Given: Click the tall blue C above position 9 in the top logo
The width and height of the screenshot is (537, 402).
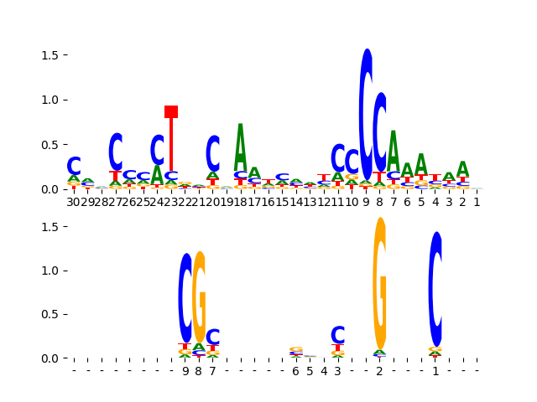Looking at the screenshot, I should [366, 113].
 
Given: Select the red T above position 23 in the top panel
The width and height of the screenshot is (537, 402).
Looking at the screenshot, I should [171, 138].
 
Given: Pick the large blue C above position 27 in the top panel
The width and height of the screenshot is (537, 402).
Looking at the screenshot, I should [116, 152].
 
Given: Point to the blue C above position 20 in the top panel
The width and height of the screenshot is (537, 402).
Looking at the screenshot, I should [213, 153].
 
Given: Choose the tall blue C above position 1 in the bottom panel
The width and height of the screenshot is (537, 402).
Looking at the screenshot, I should [435, 289].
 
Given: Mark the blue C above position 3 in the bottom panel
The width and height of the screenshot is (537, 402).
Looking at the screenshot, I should [338, 335].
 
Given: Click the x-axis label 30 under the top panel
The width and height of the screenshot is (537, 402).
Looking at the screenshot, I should [74, 202].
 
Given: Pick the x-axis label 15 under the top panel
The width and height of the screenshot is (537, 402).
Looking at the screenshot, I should [282, 202].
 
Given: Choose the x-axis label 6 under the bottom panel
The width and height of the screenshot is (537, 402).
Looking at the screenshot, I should [296, 371].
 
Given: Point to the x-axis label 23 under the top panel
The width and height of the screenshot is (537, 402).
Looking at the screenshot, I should [171, 202].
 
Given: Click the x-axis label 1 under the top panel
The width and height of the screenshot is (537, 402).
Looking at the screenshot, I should [477, 202].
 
